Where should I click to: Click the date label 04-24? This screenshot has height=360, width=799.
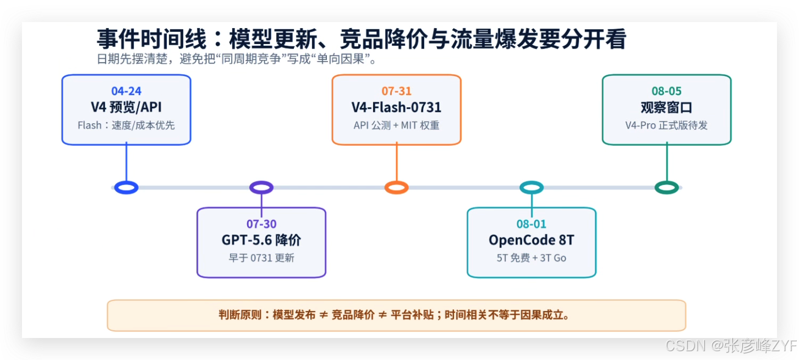(x=126, y=91)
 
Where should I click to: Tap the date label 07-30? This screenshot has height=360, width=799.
(x=261, y=223)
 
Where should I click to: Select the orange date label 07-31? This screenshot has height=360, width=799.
(x=397, y=91)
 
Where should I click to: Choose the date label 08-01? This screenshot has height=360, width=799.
(x=532, y=223)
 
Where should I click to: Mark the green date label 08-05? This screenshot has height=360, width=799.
(x=667, y=91)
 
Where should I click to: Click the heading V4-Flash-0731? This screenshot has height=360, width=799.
(x=396, y=107)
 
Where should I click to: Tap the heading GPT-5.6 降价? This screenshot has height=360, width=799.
(x=261, y=240)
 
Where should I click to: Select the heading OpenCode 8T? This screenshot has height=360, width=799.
(x=532, y=240)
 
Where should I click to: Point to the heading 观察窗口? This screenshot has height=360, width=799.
(x=667, y=107)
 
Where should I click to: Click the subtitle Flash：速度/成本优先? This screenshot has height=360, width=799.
(x=126, y=126)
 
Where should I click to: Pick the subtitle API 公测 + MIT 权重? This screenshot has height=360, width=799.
(x=396, y=126)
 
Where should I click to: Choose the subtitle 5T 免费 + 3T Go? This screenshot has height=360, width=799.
(x=532, y=258)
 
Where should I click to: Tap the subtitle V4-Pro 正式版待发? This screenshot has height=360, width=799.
(x=666, y=126)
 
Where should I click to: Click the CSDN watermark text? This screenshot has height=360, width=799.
(x=731, y=345)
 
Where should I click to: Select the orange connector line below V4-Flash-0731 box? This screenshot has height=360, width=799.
(x=397, y=163)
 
